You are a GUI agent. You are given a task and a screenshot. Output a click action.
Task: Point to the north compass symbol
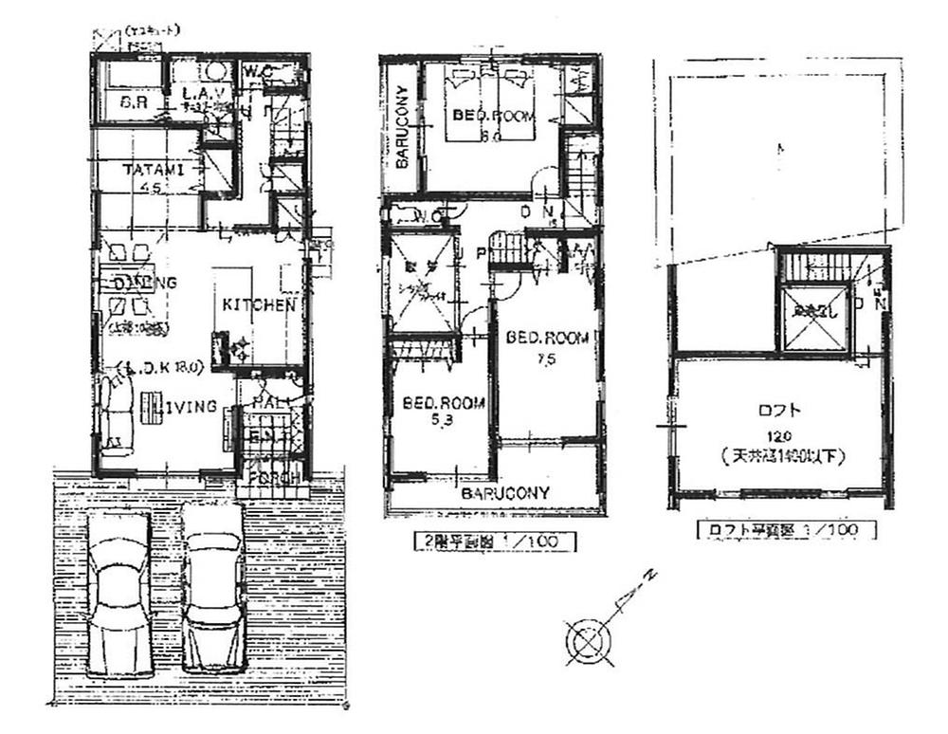click(585, 639)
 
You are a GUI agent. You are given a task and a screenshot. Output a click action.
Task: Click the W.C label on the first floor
click(258, 70)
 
